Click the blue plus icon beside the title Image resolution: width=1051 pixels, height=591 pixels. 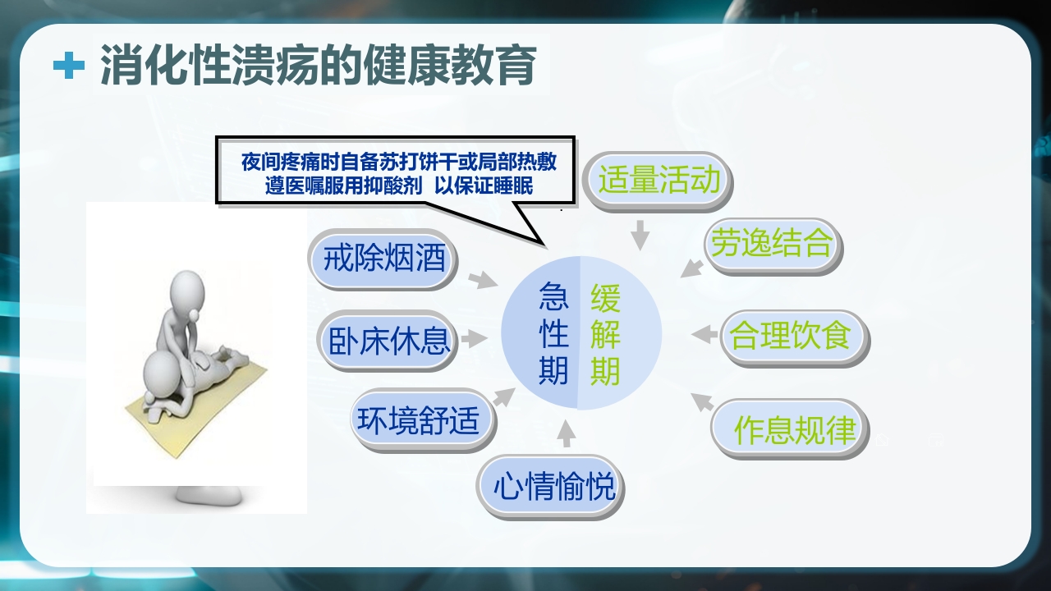[x=69, y=66]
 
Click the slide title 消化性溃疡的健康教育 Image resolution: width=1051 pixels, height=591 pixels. [x=319, y=66]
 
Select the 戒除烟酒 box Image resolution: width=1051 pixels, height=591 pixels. [x=383, y=259]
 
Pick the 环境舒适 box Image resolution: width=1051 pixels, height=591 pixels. [x=424, y=419]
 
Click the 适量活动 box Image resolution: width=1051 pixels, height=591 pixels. [x=658, y=180]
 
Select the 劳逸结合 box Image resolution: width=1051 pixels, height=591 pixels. [x=772, y=244]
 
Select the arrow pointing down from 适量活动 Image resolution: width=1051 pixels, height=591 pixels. [x=640, y=235]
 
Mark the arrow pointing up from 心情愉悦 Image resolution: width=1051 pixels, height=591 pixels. [x=567, y=433]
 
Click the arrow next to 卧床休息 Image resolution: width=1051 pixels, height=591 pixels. [x=475, y=338]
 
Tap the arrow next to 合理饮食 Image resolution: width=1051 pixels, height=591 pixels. [x=704, y=334]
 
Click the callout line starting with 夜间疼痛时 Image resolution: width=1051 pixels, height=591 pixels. [x=398, y=162]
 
